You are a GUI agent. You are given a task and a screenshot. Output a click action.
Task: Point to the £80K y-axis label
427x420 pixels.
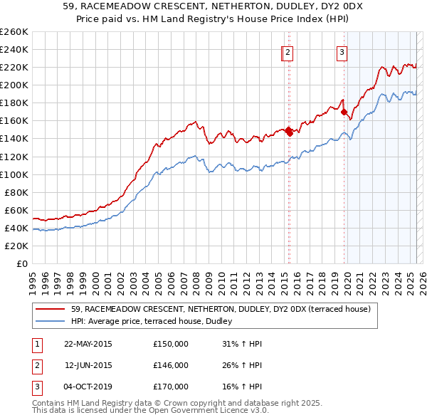pos(16,192)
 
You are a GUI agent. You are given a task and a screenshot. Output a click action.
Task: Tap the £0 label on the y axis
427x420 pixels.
pos(22,263)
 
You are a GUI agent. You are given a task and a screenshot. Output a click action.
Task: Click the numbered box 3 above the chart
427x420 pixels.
pos(342,51)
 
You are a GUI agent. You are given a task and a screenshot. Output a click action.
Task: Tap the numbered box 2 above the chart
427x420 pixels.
pos(288,51)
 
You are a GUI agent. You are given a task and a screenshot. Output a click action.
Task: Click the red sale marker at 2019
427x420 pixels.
pos(344,112)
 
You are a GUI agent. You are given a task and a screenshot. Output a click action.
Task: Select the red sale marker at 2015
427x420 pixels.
pos(289,131)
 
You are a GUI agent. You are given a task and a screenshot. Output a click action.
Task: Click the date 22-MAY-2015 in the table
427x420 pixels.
pos(88,344)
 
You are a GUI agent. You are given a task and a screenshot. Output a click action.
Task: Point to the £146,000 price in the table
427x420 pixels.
pos(171,365)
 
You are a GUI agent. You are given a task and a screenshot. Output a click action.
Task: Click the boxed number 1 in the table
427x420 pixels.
pos(36,344)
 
